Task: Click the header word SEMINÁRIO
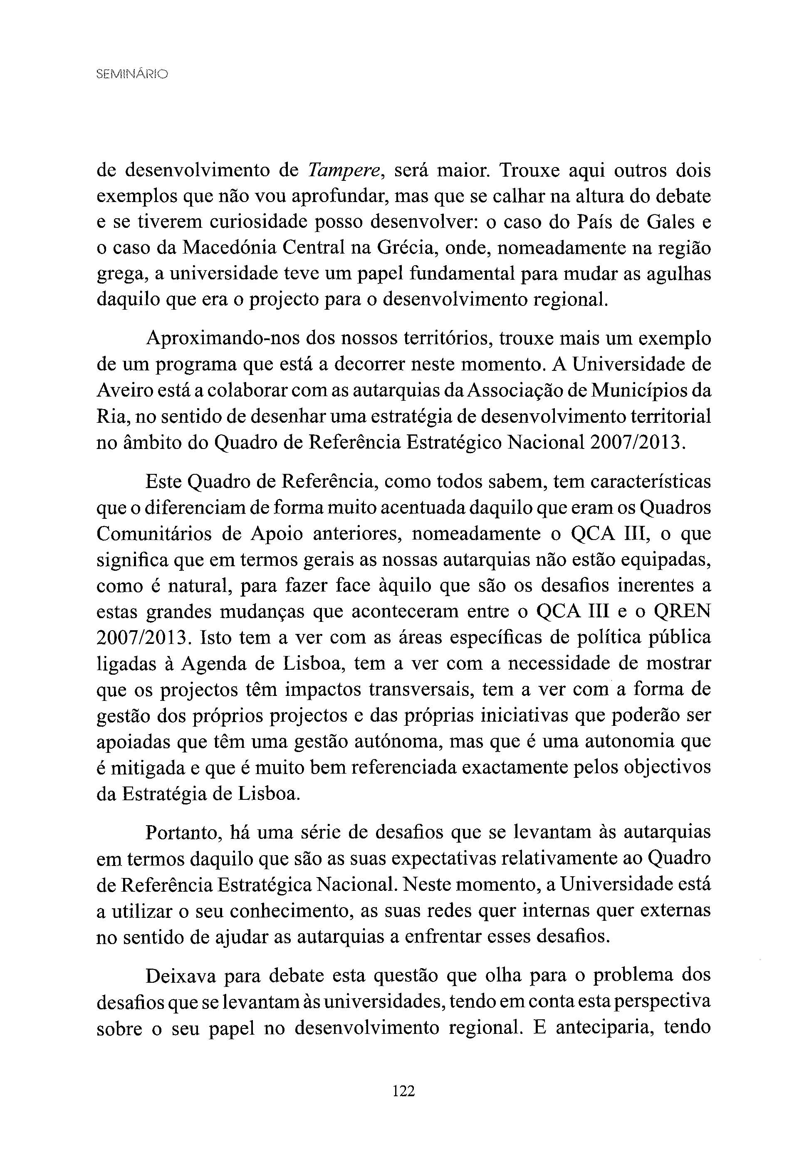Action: pyautogui.click(x=132, y=74)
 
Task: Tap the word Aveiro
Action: pyautogui.click(x=121, y=390)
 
